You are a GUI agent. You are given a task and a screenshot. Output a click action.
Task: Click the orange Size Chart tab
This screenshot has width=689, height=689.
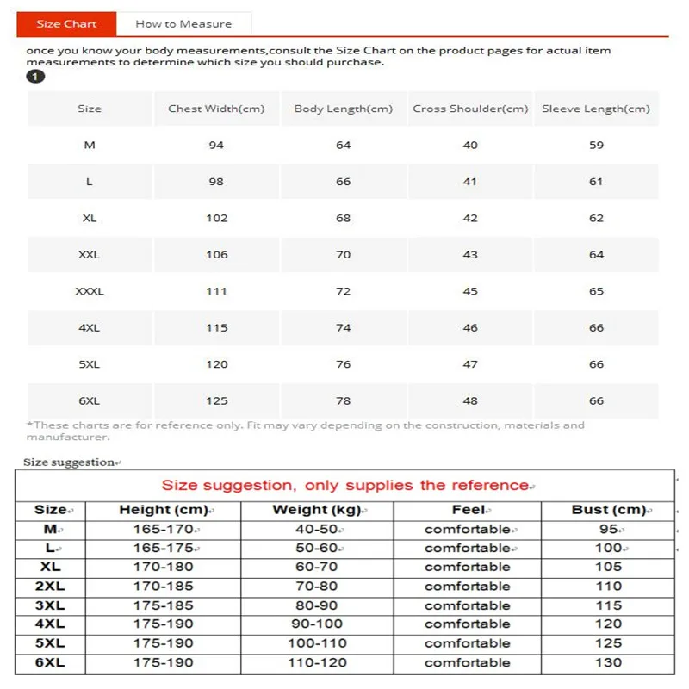[66, 24]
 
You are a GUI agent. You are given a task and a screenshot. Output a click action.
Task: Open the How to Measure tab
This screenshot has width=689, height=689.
[183, 24]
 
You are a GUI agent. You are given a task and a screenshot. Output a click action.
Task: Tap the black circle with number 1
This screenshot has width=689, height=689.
[35, 77]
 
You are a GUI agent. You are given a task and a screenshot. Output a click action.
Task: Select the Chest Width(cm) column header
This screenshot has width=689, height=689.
[216, 109]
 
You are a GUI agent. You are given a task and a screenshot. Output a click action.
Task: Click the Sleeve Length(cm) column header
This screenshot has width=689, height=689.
[596, 109]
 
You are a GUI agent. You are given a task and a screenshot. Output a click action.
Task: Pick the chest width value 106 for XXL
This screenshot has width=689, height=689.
[217, 255]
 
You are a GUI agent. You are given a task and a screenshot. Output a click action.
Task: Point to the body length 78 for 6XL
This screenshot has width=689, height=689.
[344, 400]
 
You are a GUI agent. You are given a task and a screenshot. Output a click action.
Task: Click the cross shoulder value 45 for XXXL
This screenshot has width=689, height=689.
[470, 291]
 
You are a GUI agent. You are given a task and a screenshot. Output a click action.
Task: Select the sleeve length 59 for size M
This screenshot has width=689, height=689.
[596, 146]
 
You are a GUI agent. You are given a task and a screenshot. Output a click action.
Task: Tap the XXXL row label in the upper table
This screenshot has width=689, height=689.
[90, 291]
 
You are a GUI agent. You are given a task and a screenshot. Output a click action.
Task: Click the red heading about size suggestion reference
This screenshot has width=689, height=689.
[345, 486]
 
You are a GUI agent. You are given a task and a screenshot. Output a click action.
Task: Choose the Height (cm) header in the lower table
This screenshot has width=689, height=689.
[164, 510]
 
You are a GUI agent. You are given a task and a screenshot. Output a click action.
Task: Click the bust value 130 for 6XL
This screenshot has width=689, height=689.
[608, 662]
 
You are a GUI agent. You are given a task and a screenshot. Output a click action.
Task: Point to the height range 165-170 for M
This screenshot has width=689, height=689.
[164, 529]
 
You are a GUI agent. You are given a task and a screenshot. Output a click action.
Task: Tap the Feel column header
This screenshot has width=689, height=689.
[468, 510]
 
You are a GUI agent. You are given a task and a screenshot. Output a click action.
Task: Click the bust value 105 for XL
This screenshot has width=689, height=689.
[608, 567]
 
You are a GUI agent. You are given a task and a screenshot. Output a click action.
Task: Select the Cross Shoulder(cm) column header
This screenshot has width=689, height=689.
[470, 109]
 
